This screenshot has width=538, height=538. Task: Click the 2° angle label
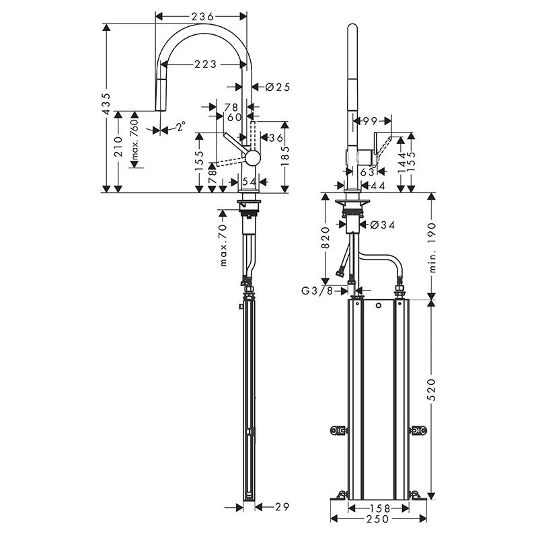pos(180,126)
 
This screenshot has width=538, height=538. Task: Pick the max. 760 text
pos(136,142)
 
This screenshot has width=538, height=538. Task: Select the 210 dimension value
pos(118,147)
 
